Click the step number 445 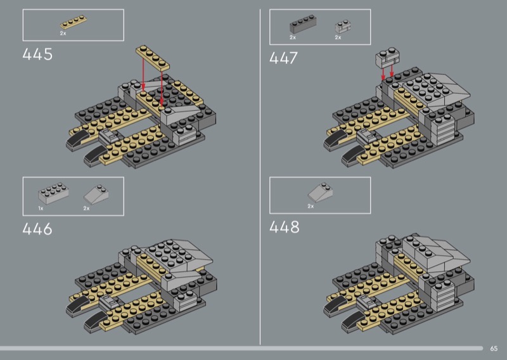click(x=37, y=55)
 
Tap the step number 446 click(x=37, y=229)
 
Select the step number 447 click(x=283, y=58)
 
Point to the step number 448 click(x=284, y=227)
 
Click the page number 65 click(x=494, y=349)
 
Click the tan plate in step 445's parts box click(x=74, y=23)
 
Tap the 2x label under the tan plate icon click(x=63, y=34)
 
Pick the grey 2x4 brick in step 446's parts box click(x=53, y=193)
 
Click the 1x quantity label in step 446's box click(x=41, y=209)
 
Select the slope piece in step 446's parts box click(x=96, y=195)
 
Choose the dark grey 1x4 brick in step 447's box click(x=303, y=24)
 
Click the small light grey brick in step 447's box click(x=343, y=27)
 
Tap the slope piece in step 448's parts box click(x=320, y=192)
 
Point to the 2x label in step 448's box click(x=311, y=206)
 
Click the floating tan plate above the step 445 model click(x=153, y=58)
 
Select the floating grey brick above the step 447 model click(x=387, y=58)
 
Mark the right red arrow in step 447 click(x=392, y=72)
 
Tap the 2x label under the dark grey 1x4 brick click(x=293, y=37)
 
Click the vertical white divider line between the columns click(x=260, y=177)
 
